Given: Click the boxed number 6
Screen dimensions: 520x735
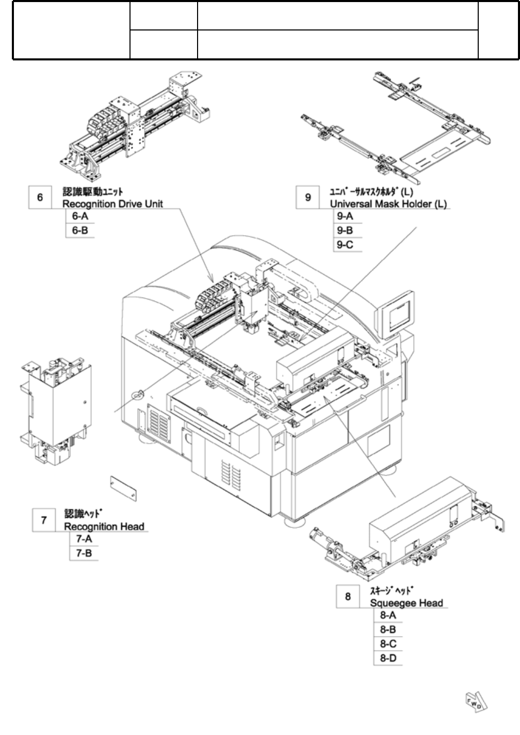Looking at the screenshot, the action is [x=40, y=197].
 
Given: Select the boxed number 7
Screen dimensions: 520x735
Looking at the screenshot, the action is [x=44, y=520].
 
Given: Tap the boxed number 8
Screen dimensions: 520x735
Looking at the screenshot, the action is [x=348, y=596].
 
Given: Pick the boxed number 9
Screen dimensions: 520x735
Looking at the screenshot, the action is [x=307, y=197].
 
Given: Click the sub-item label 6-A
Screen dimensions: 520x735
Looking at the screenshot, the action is [x=80, y=216].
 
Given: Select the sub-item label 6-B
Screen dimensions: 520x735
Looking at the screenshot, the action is [x=80, y=230].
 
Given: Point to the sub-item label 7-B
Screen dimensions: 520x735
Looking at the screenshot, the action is [x=84, y=553].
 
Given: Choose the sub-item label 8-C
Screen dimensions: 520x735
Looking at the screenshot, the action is [x=388, y=644].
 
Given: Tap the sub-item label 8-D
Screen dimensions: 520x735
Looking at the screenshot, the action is [x=388, y=658].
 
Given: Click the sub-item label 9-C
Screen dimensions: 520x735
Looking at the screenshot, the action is [x=345, y=245].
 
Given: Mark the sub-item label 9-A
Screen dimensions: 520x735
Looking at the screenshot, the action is [x=345, y=216].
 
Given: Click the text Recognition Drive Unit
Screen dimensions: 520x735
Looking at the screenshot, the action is [x=112, y=204].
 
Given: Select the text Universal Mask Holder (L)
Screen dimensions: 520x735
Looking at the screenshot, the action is [x=388, y=204].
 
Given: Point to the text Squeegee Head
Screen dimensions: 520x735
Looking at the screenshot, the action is [x=407, y=603].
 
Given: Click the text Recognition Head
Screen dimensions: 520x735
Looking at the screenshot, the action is [x=104, y=527].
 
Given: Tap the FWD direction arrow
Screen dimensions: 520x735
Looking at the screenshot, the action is [x=477, y=702].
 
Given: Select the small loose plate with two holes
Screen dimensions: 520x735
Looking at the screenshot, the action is [x=123, y=489].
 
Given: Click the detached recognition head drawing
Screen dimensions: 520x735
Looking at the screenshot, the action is [x=56, y=411].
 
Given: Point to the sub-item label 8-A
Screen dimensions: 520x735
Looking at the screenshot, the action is [x=388, y=615].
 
